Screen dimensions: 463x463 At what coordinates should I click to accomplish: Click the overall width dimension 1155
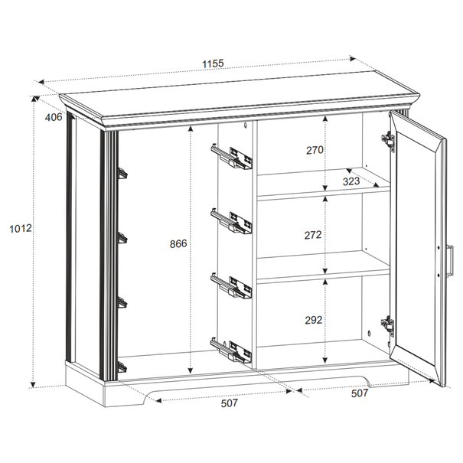(x=213, y=64)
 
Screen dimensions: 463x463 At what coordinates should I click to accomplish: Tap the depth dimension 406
(x=54, y=117)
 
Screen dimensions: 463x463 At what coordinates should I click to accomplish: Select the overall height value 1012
(x=21, y=228)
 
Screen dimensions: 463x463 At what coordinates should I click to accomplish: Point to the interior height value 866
(x=178, y=243)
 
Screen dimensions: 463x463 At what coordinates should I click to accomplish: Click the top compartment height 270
(x=315, y=150)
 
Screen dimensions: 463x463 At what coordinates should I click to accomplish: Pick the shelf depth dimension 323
(x=351, y=181)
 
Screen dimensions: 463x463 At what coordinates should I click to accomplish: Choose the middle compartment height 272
(x=313, y=235)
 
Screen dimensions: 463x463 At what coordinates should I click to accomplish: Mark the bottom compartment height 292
(x=313, y=320)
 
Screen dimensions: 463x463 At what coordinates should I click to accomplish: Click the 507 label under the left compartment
(x=229, y=403)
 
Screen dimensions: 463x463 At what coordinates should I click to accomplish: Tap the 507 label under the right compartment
(x=360, y=393)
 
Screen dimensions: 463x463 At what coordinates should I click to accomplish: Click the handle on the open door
(x=451, y=261)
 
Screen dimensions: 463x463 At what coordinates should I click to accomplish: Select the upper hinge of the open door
(x=388, y=142)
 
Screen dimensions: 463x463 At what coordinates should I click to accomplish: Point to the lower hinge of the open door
(x=387, y=326)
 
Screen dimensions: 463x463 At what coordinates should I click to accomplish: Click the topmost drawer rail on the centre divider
(x=231, y=157)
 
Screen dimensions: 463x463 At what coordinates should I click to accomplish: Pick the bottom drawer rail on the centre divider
(x=231, y=351)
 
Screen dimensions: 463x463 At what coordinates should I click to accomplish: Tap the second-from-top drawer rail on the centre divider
(x=231, y=221)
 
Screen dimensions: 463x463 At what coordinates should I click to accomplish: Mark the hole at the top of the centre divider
(x=245, y=126)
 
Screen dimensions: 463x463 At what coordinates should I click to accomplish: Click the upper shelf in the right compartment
(x=324, y=184)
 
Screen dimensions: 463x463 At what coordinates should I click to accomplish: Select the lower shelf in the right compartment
(x=324, y=266)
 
